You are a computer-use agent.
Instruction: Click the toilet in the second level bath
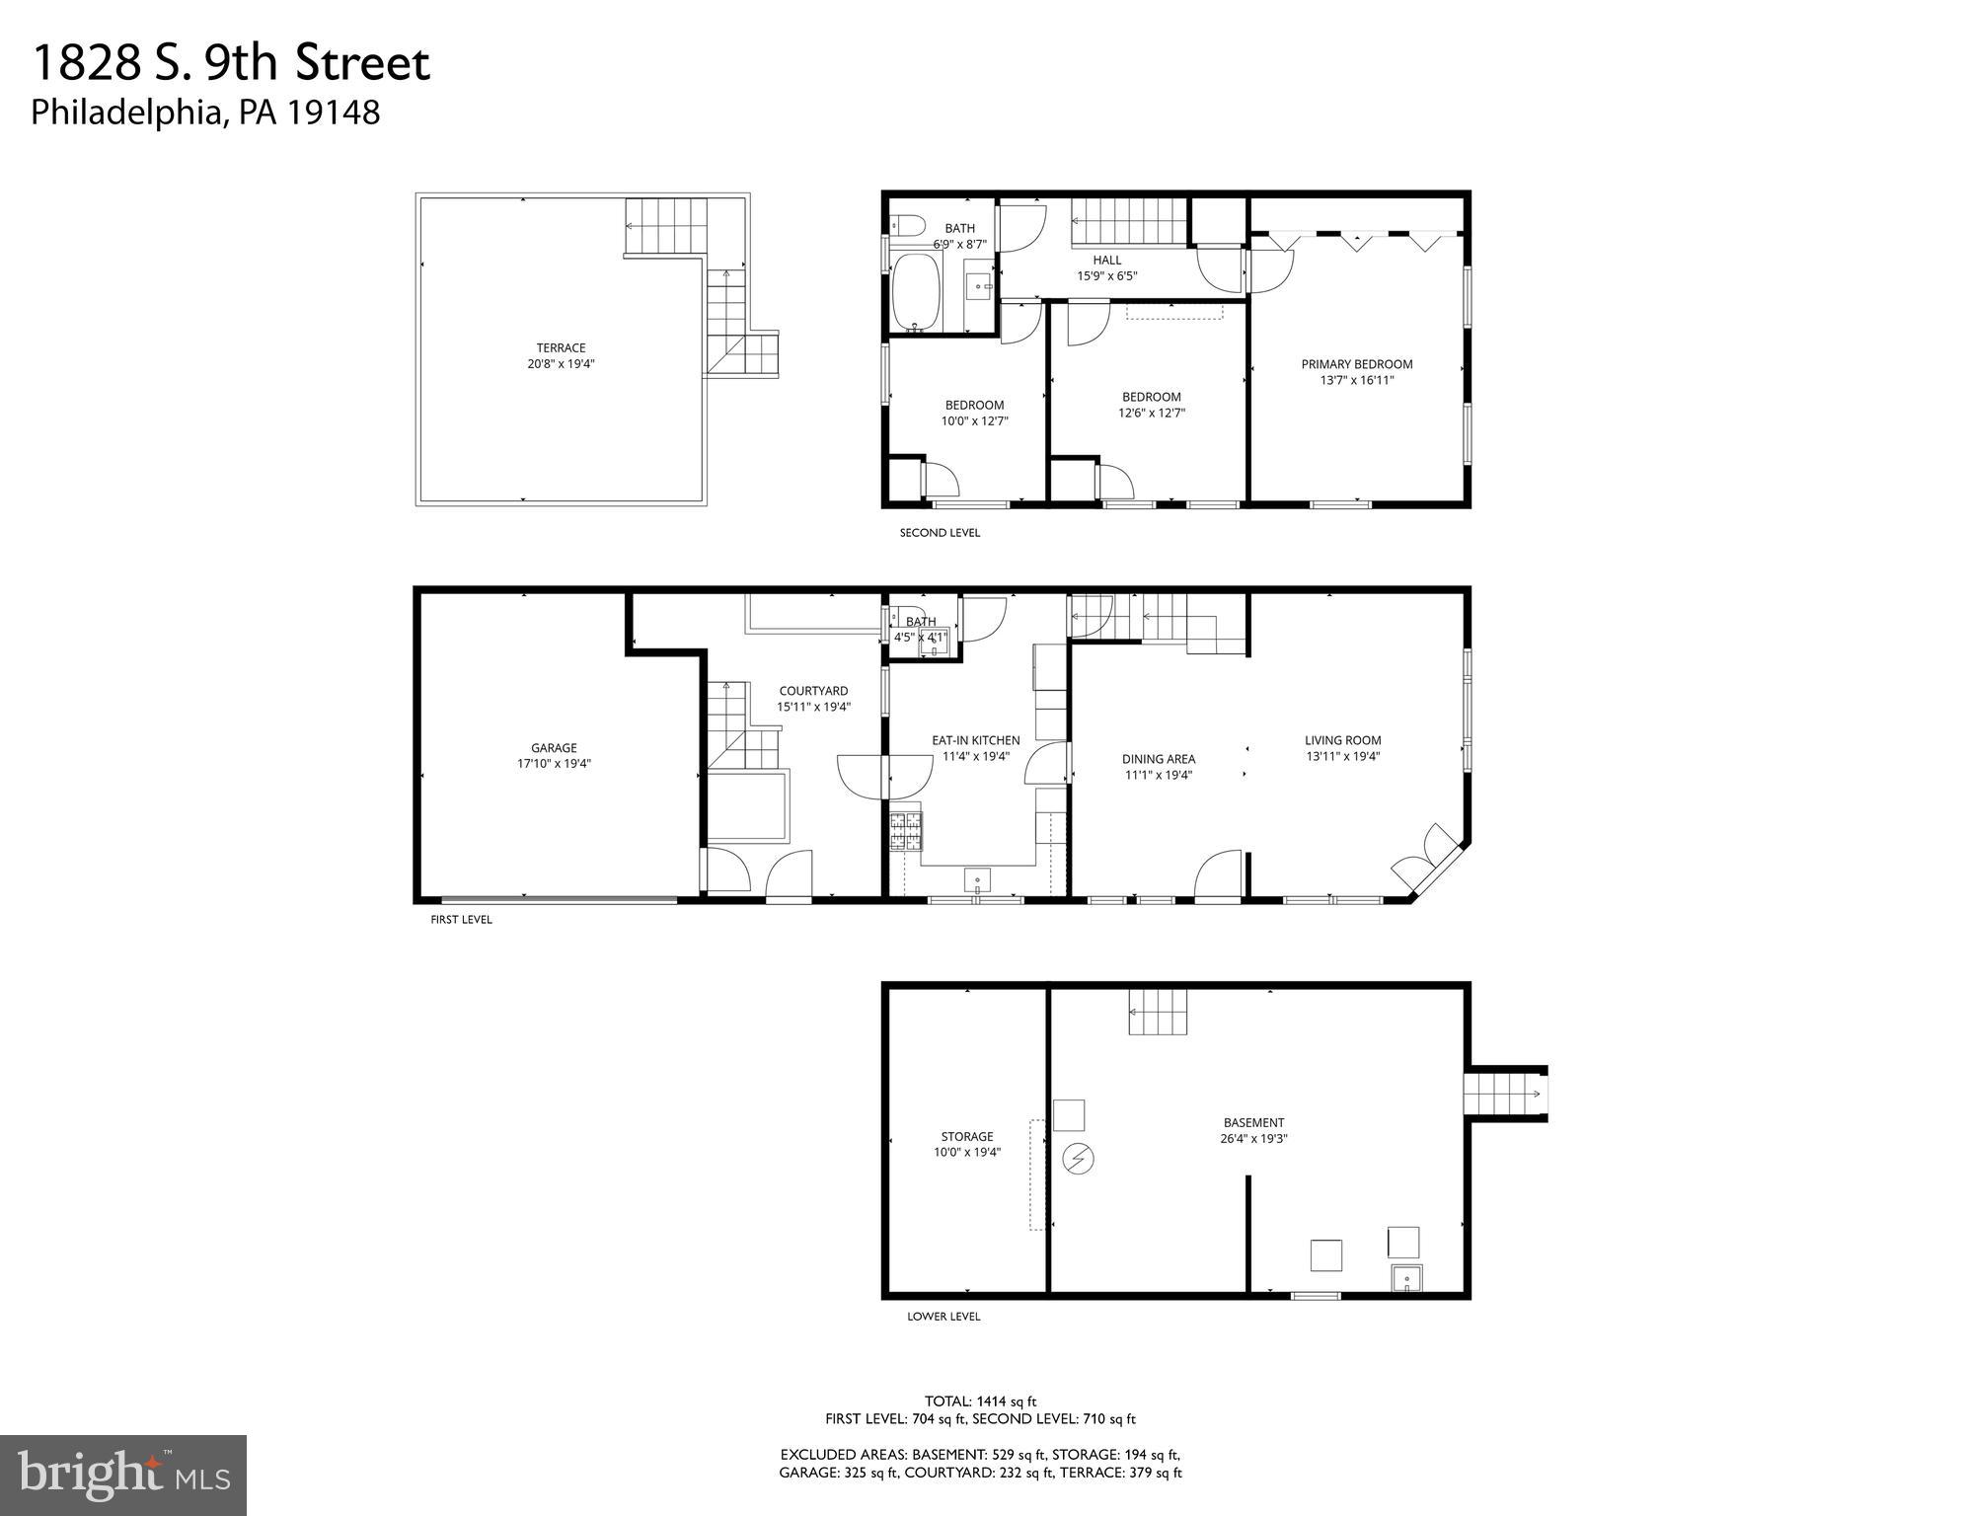[x=906, y=225]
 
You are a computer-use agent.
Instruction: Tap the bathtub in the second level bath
[x=917, y=293]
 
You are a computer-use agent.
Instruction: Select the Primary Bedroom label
[x=1356, y=364]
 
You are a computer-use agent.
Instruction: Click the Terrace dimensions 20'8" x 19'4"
[x=561, y=364]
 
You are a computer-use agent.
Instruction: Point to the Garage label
[x=554, y=748]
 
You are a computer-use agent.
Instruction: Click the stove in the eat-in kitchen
[x=906, y=830]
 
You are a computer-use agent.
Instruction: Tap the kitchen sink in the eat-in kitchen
[x=977, y=878]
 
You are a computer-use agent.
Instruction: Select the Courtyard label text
[x=813, y=691]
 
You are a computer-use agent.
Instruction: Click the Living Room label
[x=1342, y=740]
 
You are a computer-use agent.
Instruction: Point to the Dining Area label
[x=1159, y=759]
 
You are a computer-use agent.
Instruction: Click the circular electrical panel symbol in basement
[x=1078, y=1158]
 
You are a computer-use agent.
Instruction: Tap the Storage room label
[x=967, y=1136]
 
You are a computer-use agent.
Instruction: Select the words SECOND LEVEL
[x=940, y=533]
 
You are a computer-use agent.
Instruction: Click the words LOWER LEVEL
[x=943, y=1316]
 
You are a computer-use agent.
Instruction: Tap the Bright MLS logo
[x=123, y=1475]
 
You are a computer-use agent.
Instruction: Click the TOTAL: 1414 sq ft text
[x=980, y=1401]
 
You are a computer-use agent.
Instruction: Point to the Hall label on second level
[x=1106, y=261]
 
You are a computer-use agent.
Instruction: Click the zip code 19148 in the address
[x=333, y=113]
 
